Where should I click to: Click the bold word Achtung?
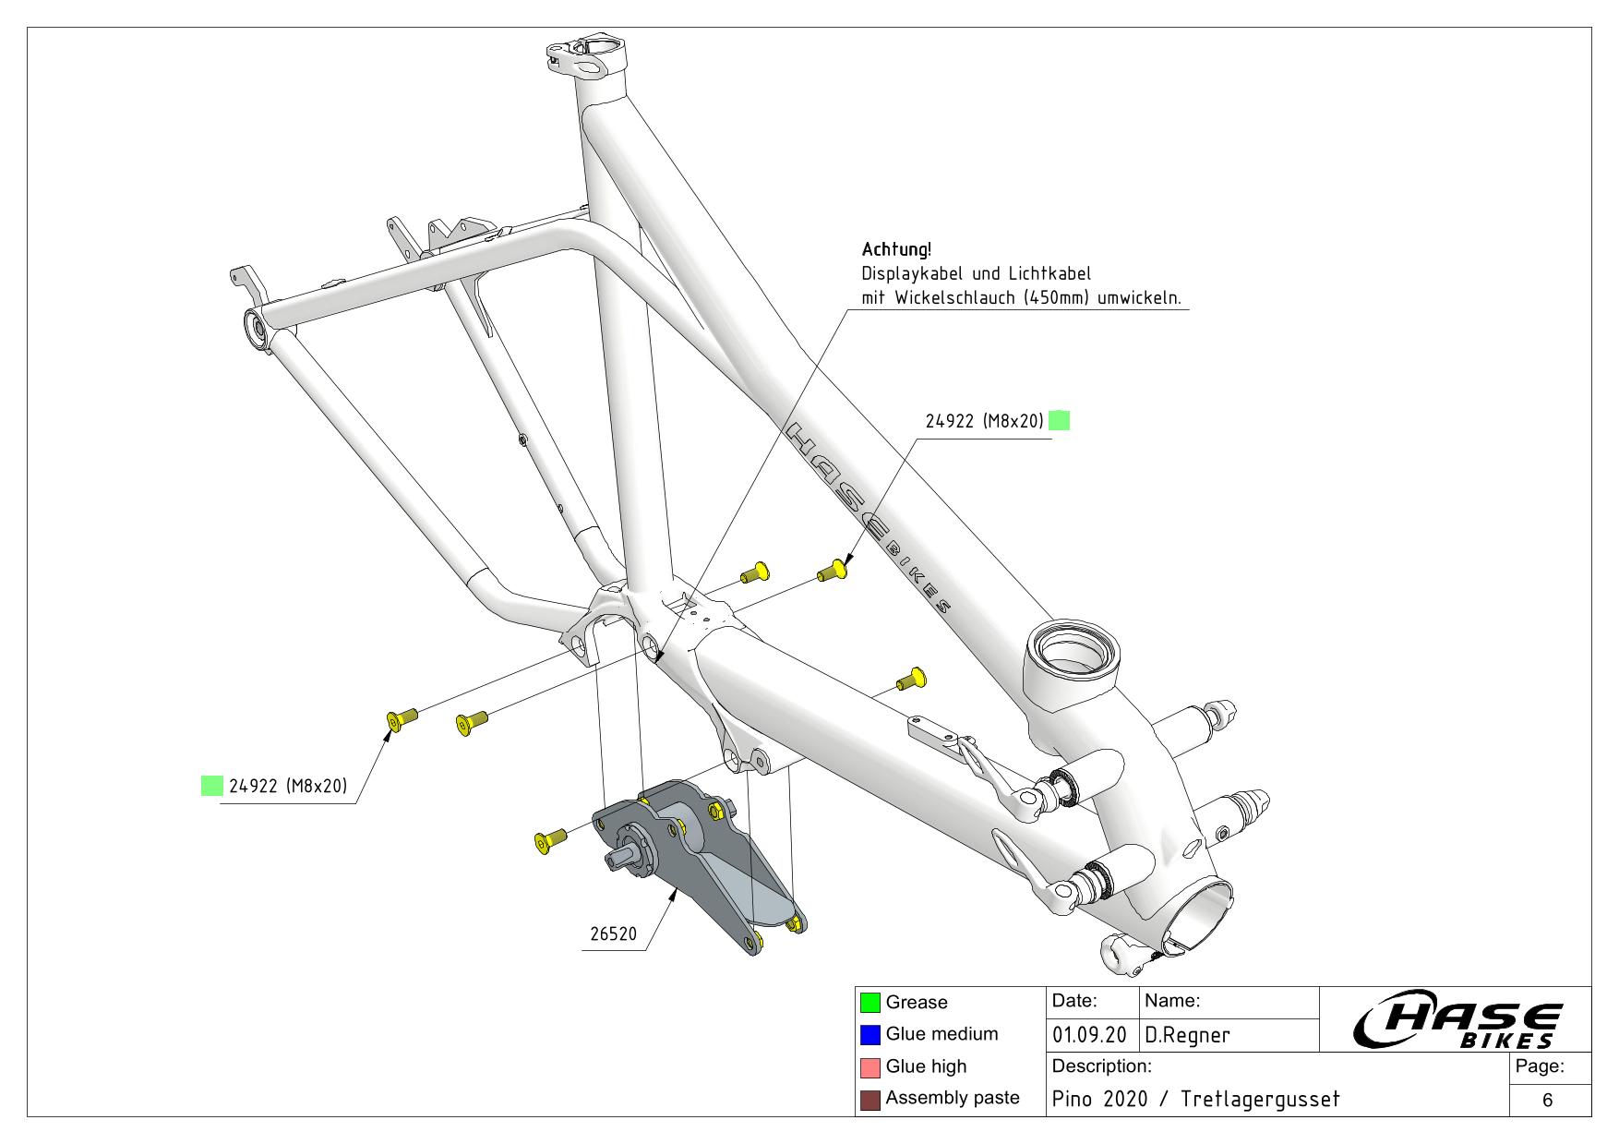896,249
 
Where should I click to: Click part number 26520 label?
614,933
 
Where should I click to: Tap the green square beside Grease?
869,1002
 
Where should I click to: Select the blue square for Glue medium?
869,1034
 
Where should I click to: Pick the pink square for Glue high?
869,1067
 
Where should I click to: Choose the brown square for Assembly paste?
869,1100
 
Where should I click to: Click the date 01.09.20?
1089,1036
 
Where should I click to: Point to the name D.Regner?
1187,1036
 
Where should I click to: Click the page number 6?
1547,1100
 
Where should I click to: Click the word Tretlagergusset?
1259,1099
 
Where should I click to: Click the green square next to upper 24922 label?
1060,421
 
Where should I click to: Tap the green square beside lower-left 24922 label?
211,786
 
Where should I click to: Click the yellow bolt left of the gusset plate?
548,840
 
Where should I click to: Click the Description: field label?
1101,1066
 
